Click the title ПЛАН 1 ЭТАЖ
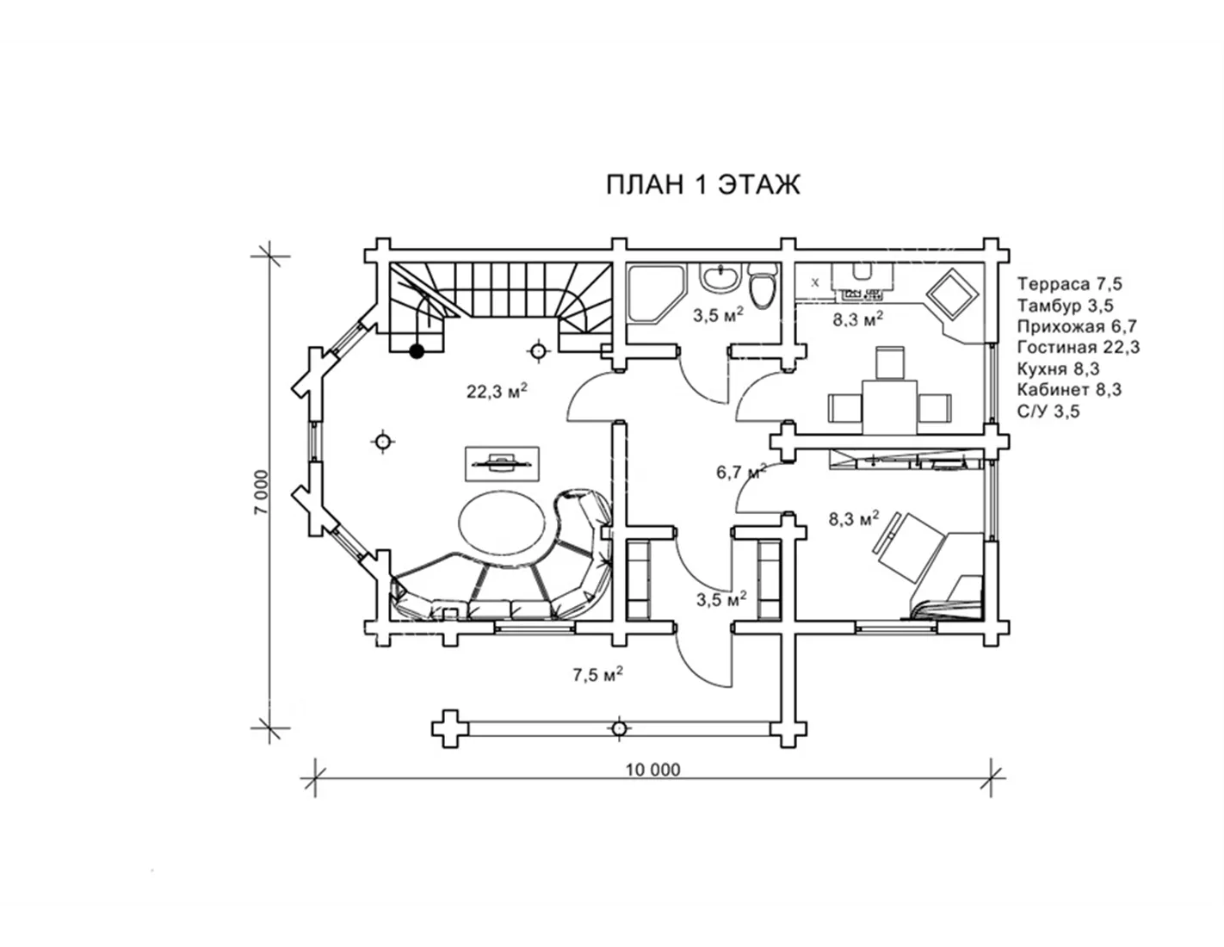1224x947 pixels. click(x=702, y=184)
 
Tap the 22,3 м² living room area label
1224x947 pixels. click(x=497, y=390)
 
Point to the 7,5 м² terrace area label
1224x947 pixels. click(x=597, y=674)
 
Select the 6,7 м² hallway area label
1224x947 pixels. click(x=741, y=471)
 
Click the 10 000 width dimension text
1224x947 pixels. click(x=652, y=770)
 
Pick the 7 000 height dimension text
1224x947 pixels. click(x=262, y=492)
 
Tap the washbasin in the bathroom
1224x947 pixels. click(x=718, y=278)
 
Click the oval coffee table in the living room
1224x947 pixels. click(x=503, y=523)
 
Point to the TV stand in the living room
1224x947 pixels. click(x=502, y=464)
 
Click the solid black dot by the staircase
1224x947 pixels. click(x=417, y=351)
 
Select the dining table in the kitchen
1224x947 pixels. click(x=890, y=407)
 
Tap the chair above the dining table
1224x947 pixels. click(x=890, y=362)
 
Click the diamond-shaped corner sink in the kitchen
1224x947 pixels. click(x=952, y=294)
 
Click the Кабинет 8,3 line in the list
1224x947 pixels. click(x=1069, y=389)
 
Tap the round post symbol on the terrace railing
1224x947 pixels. click(x=619, y=729)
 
